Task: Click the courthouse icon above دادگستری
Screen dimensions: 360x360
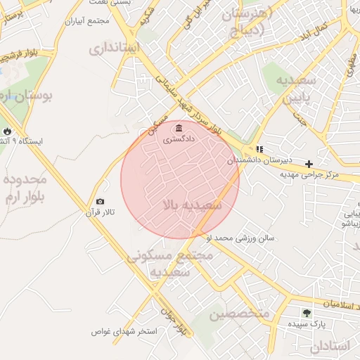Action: (179, 128)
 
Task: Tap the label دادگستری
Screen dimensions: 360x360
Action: (179, 139)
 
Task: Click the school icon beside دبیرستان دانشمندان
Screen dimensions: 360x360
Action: (259, 150)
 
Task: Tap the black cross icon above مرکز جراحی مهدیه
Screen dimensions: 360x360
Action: (309, 163)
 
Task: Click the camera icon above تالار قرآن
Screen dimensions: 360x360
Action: (100, 202)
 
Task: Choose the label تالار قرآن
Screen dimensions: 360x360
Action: (100, 212)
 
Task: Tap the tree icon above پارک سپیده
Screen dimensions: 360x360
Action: (306, 313)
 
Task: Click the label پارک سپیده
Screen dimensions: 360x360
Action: (306, 324)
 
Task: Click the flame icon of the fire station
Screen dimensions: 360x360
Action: (7, 131)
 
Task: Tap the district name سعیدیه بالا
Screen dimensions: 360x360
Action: (192, 205)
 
